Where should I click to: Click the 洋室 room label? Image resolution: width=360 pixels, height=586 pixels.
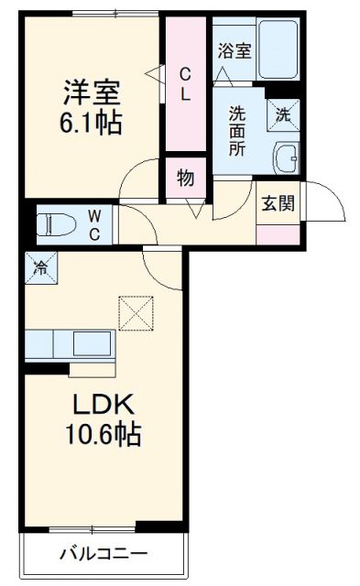[91, 92]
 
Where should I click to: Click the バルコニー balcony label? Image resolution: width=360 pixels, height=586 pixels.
[103, 553]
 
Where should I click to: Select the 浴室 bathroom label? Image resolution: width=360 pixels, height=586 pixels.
[234, 51]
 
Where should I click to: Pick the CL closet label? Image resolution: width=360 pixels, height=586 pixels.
[185, 83]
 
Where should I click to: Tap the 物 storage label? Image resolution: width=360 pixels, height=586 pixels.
[186, 179]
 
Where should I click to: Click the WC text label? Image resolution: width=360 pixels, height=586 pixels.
[95, 222]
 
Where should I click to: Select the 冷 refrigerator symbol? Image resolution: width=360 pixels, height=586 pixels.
[40, 267]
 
